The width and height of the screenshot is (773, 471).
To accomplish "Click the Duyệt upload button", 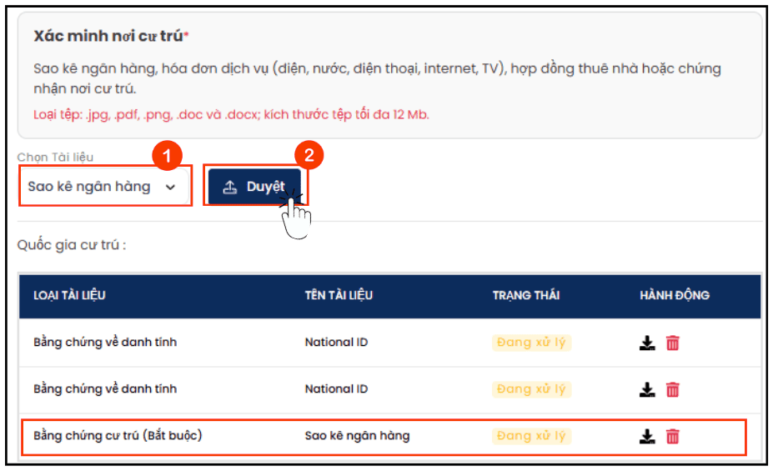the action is pos(254,187).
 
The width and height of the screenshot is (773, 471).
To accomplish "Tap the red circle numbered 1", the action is pos(167,156).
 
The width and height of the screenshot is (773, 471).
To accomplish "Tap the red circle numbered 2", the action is pos(309,155).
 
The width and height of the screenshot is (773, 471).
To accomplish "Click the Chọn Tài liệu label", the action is pos(55,158).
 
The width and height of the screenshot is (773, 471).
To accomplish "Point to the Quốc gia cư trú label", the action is pos(72,245).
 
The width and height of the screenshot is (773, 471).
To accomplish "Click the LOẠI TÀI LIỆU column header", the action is pos(69,295).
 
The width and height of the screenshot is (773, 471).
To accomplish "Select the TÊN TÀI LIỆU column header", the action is pos(339,295).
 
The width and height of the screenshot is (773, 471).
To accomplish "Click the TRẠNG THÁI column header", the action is pos(526,295).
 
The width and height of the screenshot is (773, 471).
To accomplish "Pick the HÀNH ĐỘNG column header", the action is pos(675,295).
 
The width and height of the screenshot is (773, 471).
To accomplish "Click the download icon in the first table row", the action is pos(647,343).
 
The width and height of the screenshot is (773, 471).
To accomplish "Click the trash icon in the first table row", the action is pos(673,343).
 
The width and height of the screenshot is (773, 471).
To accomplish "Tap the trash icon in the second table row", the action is pos(673,389).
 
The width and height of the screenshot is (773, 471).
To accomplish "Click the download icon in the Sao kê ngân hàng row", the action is pos(647,436).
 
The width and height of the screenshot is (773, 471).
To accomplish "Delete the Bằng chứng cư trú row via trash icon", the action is pos(673,436).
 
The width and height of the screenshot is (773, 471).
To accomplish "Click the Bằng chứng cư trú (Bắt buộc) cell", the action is pos(118,435).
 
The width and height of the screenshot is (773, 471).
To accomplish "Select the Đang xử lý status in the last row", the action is pos(531,436).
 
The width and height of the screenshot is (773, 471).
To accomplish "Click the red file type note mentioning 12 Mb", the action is pos(231,115).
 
